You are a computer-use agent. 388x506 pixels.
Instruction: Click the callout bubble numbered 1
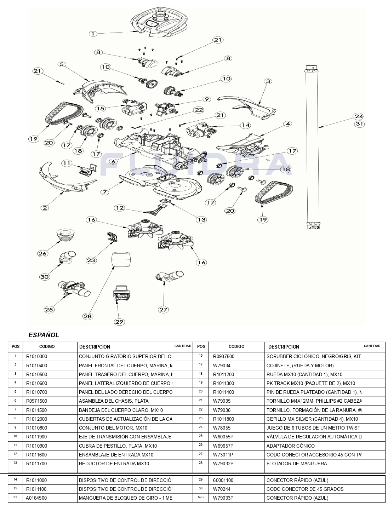[x=93, y=34]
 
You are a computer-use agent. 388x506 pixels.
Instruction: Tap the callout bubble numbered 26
[x=43, y=253]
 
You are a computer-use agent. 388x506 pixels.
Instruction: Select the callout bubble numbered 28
[x=88, y=316]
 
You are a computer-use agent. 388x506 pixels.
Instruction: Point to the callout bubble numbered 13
[x=201, y=219]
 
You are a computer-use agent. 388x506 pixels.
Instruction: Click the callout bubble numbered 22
[x=199, y=110]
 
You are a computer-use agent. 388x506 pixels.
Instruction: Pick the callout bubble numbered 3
[x=268, y=81]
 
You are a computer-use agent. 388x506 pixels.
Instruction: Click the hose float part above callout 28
[x=121, y=261]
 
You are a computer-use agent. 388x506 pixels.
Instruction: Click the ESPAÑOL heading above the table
[x=44, y=335]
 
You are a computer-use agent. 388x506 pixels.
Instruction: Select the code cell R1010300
[x=36, y=356]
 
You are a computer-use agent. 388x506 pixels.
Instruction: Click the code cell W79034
[x=222, y=366]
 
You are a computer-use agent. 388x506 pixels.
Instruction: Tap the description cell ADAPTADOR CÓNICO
[x=290, y=446]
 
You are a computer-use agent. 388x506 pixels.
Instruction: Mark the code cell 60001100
[x=224, y=480]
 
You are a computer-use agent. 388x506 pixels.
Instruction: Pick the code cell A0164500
[x=36, y=498]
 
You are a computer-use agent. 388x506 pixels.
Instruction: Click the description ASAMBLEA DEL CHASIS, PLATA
[x=114, y=401]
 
